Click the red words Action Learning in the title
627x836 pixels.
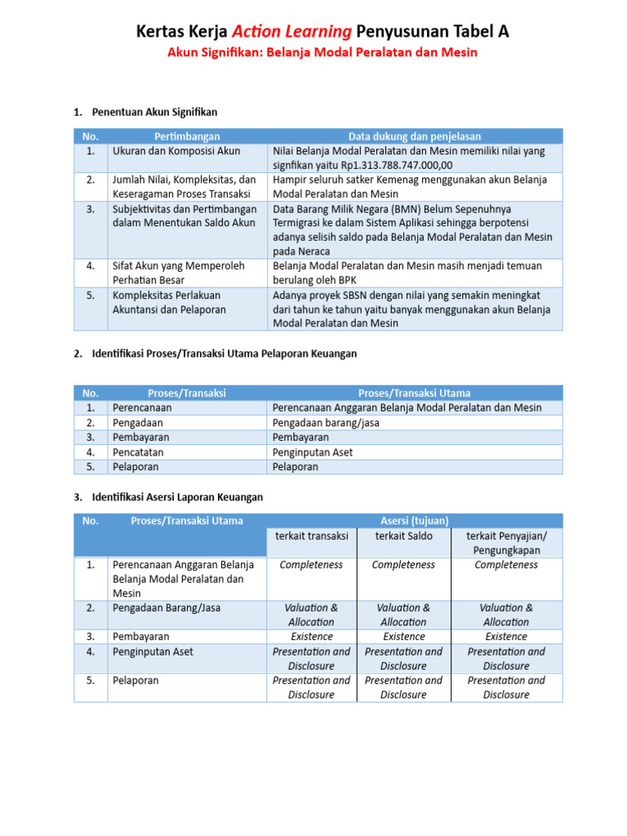(291, 31)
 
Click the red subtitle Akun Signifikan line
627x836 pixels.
(322, 53)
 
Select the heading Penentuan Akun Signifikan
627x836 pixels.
(154, 112)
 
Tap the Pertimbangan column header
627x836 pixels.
(187, 136)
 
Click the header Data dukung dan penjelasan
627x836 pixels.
(415, 136)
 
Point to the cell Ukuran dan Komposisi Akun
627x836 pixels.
(176, 151)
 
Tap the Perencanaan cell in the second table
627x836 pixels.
(142, 407)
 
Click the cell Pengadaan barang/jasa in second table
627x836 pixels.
(326, 423)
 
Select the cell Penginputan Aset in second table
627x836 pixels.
(313, 452)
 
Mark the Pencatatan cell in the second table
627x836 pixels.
(138, 452)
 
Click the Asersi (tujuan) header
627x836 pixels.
(415, 521)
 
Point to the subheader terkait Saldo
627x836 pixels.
(403, 536)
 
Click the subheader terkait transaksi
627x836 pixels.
(311, 536)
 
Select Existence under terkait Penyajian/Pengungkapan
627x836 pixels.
(506, 636)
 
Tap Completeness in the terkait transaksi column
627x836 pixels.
(311, 565)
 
